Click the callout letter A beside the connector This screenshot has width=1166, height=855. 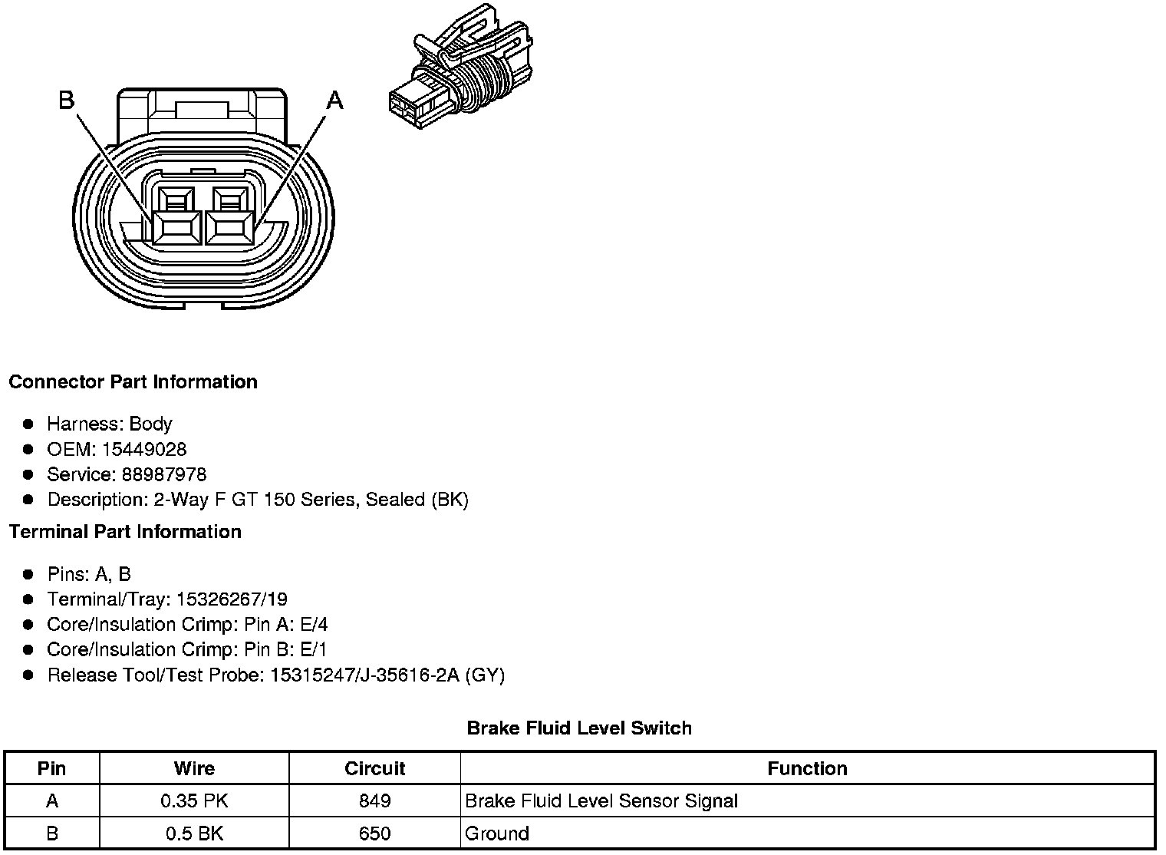coord(335,100)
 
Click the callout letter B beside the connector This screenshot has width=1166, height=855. coord(67,100)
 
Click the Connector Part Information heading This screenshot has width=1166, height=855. coord(133,382)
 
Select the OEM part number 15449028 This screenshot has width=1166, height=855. coord(144,449)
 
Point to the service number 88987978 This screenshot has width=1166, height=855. coord(164,474)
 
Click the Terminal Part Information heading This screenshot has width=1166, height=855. coord(125,532)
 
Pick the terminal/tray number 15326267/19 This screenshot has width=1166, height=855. coord(232,599)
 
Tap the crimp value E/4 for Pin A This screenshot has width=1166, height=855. coord(314,625)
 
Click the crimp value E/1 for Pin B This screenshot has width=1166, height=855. coord(314,650)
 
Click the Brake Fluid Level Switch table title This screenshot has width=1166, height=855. coord(579,728)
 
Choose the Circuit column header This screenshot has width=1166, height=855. coord(374,768)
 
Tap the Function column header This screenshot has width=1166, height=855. coord(807,768)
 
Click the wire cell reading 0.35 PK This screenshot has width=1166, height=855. coord(194,801)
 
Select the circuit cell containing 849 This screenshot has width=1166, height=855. coord(374,801)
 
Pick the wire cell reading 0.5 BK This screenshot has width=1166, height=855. coord(194,834)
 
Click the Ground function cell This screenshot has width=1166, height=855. coord(497,834)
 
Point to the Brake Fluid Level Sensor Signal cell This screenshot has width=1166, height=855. coord(601,801)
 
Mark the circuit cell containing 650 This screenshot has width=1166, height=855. coord(374,834)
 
